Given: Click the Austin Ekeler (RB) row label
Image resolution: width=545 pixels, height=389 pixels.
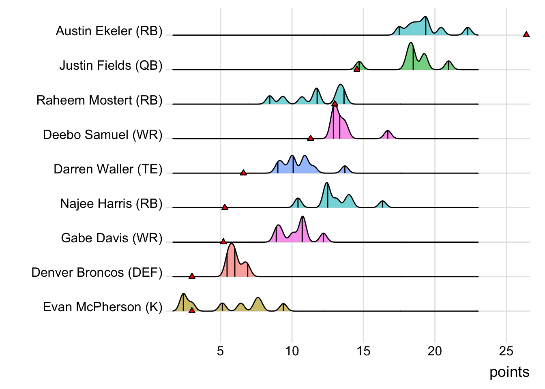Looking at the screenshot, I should point(109,31).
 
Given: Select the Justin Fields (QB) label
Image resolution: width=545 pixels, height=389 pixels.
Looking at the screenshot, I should point(111,66).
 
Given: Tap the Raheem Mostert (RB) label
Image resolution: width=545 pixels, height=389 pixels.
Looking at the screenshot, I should point(99,100).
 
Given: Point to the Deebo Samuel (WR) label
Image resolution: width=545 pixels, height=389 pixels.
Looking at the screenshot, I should point(103,135).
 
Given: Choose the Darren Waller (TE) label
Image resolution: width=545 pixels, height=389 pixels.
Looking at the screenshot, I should point(108,169).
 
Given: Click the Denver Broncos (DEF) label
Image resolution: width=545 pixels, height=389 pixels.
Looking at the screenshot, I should point(97,272).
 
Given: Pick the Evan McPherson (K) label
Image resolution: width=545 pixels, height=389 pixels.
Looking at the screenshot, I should point(103,307).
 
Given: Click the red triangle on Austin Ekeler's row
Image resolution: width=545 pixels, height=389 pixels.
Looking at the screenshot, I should point(526,35).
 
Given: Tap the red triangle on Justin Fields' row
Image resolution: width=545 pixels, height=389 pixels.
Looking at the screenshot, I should point(357,69).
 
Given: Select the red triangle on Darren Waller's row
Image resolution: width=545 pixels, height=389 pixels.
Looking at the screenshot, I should point(243,173).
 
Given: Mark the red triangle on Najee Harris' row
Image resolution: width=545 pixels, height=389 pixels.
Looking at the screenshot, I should point(225,207).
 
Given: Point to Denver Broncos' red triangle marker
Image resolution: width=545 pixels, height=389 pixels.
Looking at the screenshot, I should point(192,276).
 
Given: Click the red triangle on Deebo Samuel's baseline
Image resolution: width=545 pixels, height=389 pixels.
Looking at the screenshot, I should point(310,138).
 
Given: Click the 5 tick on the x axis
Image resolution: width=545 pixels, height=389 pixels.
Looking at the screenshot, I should point(220,351).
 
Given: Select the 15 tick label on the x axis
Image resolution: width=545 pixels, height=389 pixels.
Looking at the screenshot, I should point(363,351).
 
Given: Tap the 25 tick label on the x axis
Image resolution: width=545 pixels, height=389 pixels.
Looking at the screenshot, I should point(506,351).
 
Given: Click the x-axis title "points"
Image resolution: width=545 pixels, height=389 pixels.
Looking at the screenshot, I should point(509,372).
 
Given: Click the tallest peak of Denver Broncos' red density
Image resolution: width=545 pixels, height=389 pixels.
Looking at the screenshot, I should point(232,246).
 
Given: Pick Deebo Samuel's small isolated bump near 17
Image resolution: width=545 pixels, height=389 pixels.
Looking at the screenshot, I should point(388,134).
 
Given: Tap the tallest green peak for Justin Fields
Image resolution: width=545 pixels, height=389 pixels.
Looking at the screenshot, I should point(411,45).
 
